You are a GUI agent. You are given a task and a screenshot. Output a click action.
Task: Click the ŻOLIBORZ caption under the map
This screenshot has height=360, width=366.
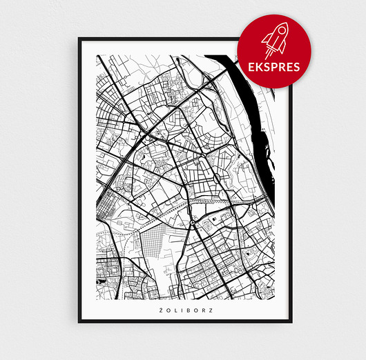(185, 309)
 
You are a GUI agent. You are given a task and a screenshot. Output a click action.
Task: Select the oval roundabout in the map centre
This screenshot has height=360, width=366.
(219, 177)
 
